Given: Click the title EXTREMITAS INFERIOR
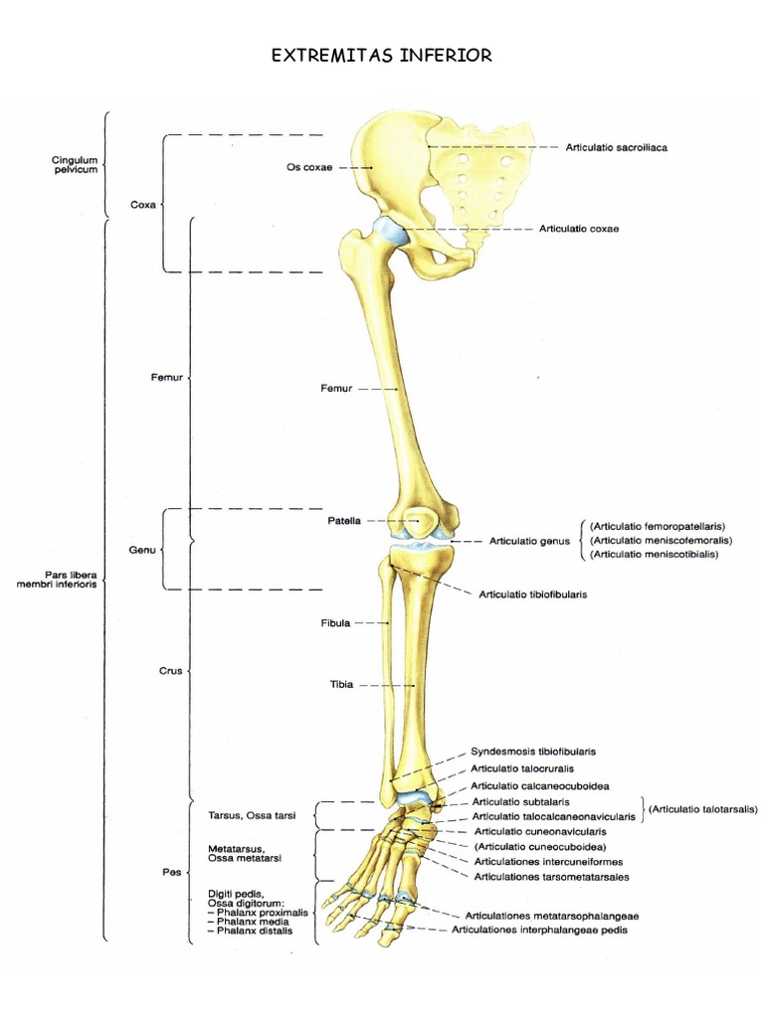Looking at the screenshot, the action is pyautogui.click(x=381, y=56).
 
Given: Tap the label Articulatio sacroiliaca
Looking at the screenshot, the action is pyautogui.click(x=616, y=147).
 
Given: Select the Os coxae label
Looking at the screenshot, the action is pyautogui.click(x=309, y=167).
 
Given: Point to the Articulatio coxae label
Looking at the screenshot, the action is pyautogui.click(x=579, y=229).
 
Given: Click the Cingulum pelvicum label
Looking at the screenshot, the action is pyautogui.click(x=76, y=165).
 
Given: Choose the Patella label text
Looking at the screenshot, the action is pyautogui.click(x=343, y=521).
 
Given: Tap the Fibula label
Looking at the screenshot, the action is pyautogui.click(x=335, y=623).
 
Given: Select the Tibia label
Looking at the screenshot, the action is pyautogui.click(x=342, y=684).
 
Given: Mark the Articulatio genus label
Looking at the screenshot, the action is pyautogui.click(x=529, y=541).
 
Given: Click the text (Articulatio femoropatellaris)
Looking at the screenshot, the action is pyautogui.click(x=658, y=527).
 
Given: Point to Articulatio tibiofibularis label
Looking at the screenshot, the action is pyautogui.click(x=533, y=594).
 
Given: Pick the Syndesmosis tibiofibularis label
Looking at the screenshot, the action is pyautogui.click(x=533, y=752).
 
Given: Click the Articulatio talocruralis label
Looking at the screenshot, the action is pyautogui.click(x=522, y=768).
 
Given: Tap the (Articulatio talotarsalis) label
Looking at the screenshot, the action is pyautogui.click(x=703, y=809).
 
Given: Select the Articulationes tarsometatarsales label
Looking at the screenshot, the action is pyautogui.click(x=551, y=877).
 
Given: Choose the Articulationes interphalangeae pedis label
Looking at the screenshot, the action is pyautogui.click(x=540, y=930).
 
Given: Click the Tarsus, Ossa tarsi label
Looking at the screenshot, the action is pyautogui.click(x=252, y=815).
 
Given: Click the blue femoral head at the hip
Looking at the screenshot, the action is pyautogui.click(x=391, y=233).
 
